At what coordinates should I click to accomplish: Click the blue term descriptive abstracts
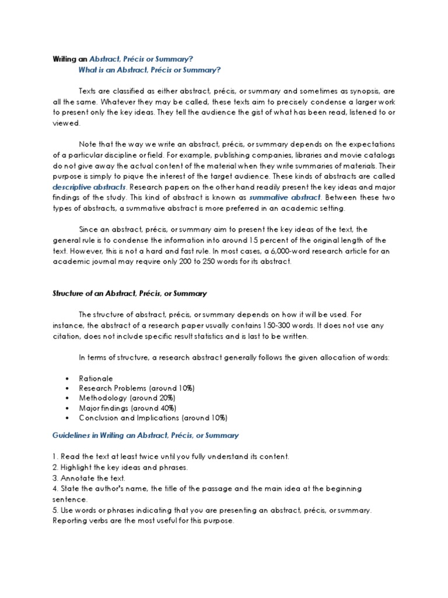tap(89, 187)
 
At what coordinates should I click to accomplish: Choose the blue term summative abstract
tap(282, 198)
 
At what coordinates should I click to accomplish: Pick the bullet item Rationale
tap(96, 378)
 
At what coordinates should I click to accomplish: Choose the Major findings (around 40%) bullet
tap(127, 408)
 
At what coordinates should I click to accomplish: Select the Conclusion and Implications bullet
tap(153, 418)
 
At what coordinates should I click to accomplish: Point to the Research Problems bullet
tap(136, 388)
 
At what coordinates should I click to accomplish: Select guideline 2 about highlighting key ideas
tap(121, 467)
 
